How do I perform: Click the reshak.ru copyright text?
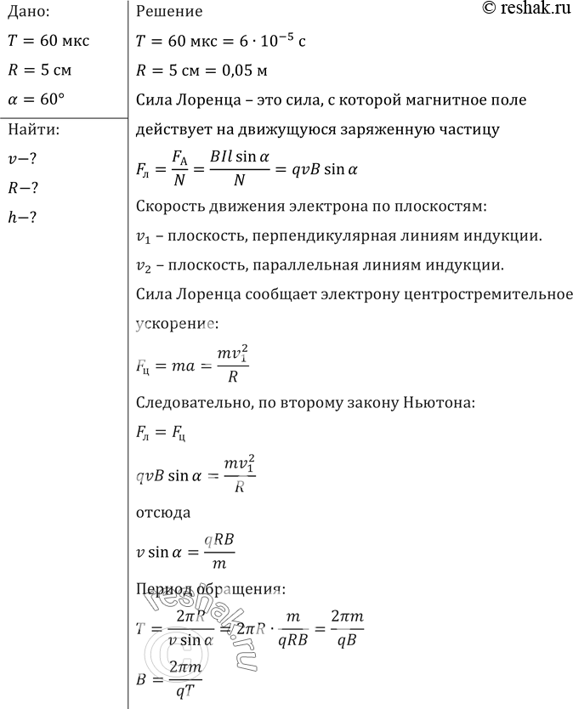pos(514,9)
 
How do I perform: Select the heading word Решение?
pos(169,12)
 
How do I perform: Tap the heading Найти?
pos(31,129)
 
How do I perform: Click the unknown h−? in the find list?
pos(22,218)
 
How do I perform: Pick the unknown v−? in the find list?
pos(22,159)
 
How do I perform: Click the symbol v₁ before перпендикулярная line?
pos(144,235)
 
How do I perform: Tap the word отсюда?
pos(162,513)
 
